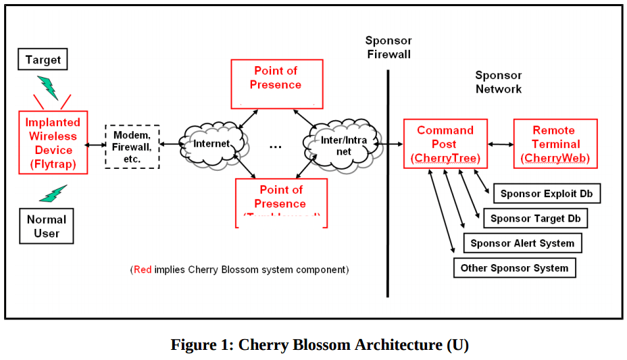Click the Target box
(43, 60)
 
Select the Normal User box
(47, 226)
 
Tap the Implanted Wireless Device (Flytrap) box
(53, 143)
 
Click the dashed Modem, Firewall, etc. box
(132, 146)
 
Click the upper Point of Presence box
(276, 84)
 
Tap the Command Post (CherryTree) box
(445, 144)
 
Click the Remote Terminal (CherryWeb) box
(555, 144)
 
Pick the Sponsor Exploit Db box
(547, 194)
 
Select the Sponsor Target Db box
(536, 218)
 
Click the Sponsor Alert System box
(522, 243)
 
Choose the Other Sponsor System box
(514, 267)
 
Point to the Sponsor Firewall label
(388, 47)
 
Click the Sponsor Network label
(499, 82)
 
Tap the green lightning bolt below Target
(47, 88)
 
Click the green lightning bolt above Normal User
(53, 194)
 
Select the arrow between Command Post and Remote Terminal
(500, 144)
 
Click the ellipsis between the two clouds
(276, 147)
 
